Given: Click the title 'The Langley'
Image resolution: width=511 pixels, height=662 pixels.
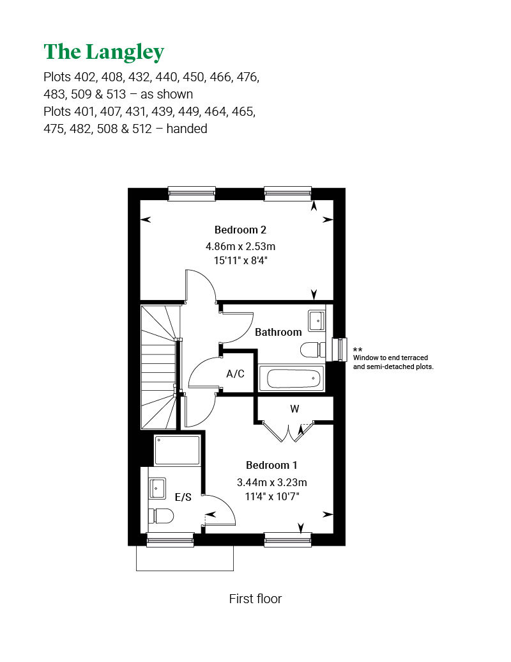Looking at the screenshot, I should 103,52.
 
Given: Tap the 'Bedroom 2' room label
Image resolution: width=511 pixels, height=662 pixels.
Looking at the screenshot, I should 240,230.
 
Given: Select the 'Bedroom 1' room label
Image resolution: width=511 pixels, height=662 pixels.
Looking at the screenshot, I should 271,466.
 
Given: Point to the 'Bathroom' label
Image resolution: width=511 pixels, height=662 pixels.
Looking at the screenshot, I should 278,333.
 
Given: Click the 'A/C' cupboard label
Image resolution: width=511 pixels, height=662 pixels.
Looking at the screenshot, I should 236,374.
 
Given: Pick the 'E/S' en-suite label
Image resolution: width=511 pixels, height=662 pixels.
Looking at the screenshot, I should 183,497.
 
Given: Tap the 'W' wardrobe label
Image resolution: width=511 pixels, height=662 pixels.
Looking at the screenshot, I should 294,409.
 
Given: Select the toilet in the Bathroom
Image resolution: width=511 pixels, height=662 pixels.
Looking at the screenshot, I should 312,350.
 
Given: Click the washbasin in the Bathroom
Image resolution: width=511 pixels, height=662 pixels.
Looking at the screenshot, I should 316,320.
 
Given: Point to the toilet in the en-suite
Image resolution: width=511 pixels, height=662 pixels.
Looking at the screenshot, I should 163,516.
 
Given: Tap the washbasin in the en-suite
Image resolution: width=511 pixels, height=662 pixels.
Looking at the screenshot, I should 158,489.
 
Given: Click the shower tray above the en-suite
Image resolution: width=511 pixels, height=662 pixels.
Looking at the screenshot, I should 177,450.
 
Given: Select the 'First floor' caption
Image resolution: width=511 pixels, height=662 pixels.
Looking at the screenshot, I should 255,599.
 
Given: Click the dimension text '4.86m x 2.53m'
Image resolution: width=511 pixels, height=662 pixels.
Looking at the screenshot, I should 240,246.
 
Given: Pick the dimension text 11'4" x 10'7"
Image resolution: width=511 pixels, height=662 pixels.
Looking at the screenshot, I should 271,496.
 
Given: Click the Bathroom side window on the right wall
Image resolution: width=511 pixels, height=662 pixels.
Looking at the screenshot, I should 339,349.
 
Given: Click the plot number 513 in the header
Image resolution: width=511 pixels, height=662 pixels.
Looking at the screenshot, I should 121,95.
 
